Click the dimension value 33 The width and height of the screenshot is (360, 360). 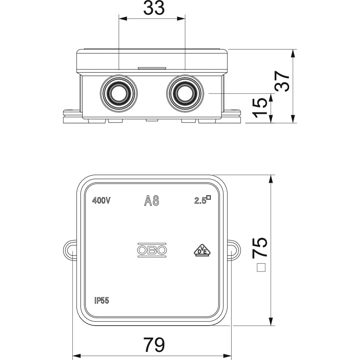pos(154,8)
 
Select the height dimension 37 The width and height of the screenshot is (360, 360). pos(282,81)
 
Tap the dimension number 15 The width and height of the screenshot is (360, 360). pos(260,107)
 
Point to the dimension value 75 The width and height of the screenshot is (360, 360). pos(260,247)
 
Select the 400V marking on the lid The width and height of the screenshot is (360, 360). pos(101,201)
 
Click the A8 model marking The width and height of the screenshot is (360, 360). pos(152,201)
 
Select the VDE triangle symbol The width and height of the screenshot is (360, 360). pos(201,251)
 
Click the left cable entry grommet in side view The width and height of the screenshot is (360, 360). pos(118,94)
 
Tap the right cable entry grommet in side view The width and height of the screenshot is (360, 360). pos(185,94)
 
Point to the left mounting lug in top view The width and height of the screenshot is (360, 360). pos(70,250)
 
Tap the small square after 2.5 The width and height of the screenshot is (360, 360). pos(208,197)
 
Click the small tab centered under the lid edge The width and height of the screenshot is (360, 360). pos(152,68)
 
